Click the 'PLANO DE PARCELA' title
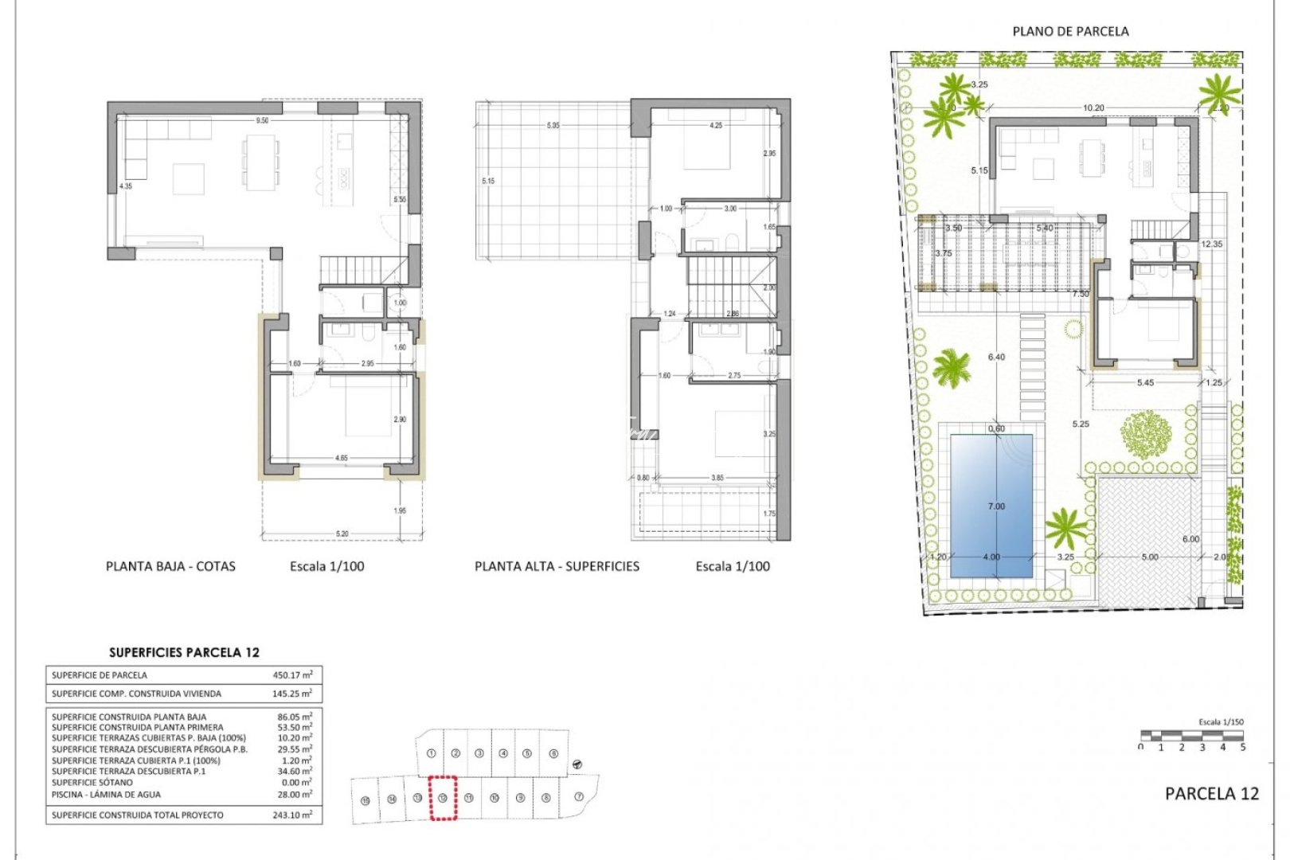pos(1070,32)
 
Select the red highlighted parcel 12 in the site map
pos(443,798)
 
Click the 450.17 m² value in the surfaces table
pos(292,675)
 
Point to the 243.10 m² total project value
pos(292,815)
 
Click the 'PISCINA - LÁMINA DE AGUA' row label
pos(106,795)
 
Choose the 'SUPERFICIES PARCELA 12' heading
pos(184,652)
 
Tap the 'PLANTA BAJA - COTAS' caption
pos(170,567)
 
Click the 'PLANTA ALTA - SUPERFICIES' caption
pos(557,567)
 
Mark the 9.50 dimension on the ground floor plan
pos(262,121)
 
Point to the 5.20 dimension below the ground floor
pos(342,534)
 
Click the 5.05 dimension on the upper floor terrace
pos(553,126)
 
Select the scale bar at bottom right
pos(1192,735)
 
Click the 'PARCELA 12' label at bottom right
pos(1211,794)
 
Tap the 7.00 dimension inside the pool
pos(996,506)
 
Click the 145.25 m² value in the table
pos(292,694)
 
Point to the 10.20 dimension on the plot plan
pos(1093,108)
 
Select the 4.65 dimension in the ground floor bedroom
pos(341,459)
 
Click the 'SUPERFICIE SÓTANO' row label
pos(92,783)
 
